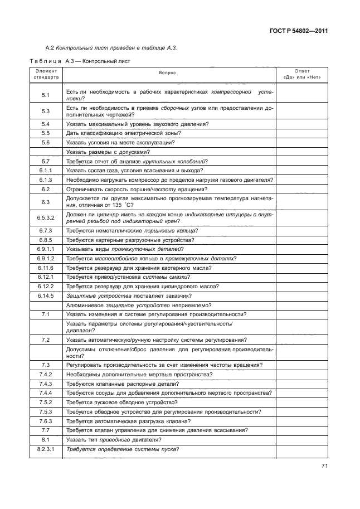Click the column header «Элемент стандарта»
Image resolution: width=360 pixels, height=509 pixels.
tap(46, 74)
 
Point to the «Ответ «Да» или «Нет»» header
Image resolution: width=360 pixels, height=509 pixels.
tap(301, 74)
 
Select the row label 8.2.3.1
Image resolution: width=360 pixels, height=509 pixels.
tap(46, 449)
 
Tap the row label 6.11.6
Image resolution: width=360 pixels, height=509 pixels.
tap(46, 268)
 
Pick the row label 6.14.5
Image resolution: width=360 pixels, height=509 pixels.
tap(46, 295)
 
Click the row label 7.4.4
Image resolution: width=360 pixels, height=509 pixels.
tap(46, 392)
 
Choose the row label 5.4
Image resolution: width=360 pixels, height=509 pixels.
tap(46, 123)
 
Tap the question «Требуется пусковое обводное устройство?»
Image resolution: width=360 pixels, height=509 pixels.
tap(121, 402)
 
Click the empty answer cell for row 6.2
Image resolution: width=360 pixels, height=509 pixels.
tap(301, 189)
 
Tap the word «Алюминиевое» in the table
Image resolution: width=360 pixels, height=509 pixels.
tap(84, 305)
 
